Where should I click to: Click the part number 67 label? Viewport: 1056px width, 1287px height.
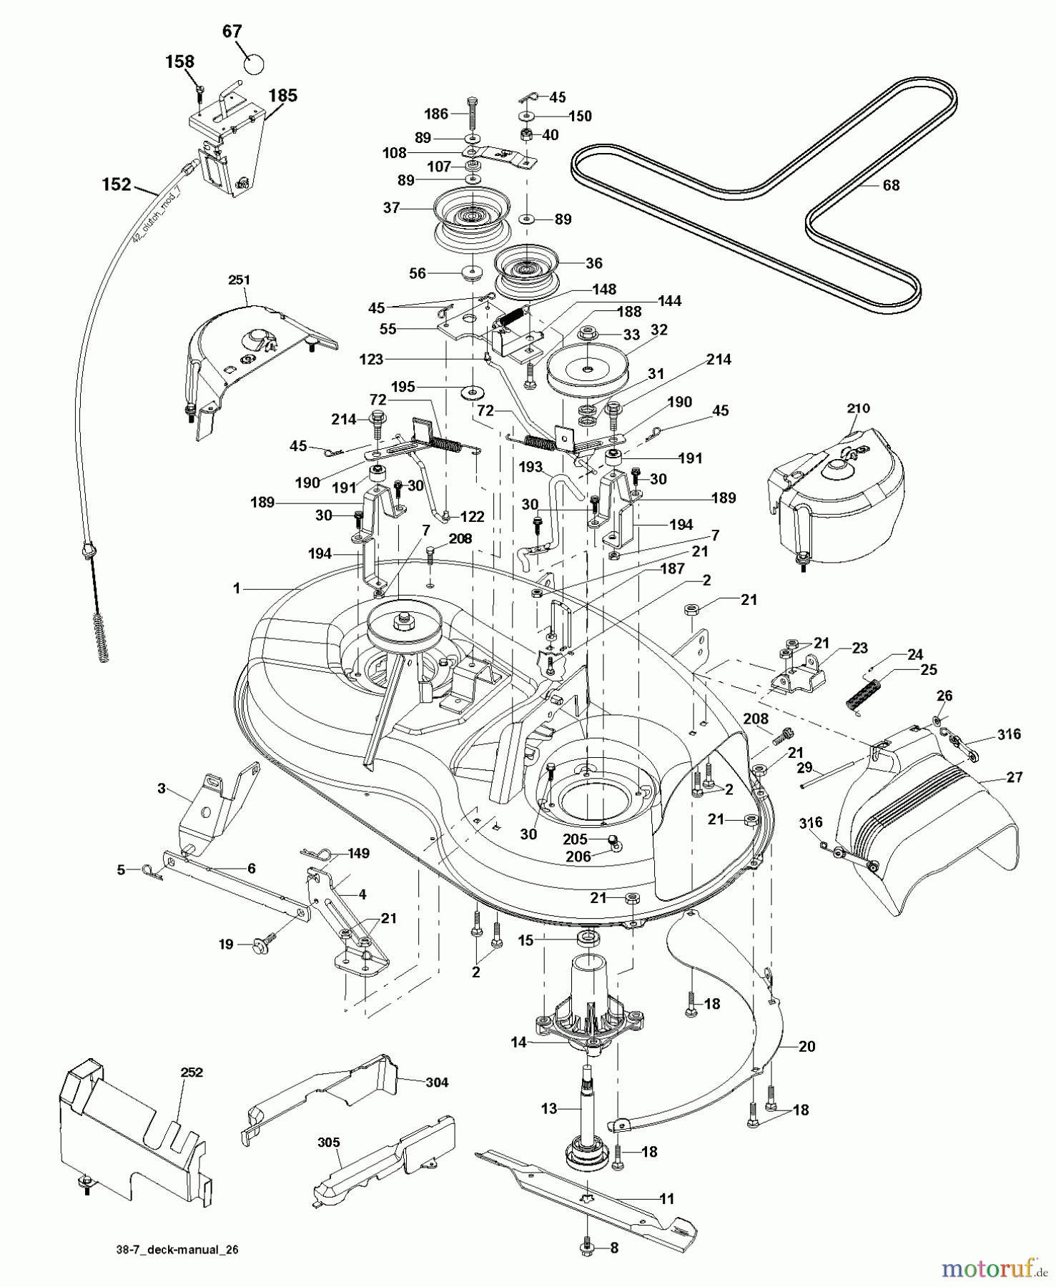click(x=232, y=31)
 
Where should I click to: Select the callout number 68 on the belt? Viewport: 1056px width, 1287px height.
click(x=891, y=185)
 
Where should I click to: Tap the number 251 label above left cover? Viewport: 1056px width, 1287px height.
click(x=240, y=279)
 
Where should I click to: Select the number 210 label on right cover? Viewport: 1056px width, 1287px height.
click(x=858, y=408)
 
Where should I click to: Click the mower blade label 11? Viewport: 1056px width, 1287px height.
click(x=666, y=1198)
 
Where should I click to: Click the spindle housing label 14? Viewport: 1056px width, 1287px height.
click(x=518, y=1042)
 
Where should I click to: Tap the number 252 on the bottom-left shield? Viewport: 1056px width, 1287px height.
click(x=192, y=1072)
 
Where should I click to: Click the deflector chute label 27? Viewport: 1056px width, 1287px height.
click(x=1015, y=777)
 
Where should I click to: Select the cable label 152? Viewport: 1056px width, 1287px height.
click(x=117, y=184)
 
